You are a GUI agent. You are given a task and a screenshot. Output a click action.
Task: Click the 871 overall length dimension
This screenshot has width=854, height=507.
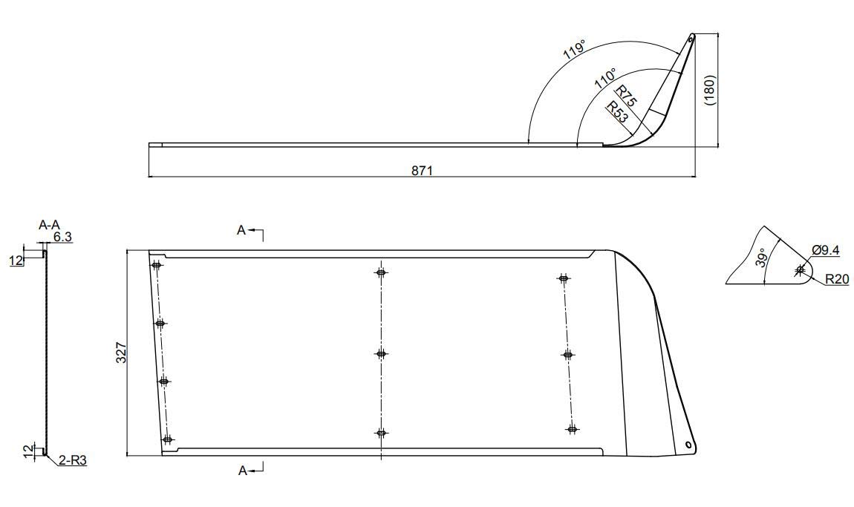[x=423, y=171]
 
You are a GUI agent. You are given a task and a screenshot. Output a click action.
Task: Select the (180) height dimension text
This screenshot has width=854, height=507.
[x=711, y=90]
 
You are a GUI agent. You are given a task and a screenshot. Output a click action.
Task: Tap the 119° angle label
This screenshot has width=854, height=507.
[x=574, y=50]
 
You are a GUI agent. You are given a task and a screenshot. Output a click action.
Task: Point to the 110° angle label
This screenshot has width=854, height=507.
[x=605, y=79]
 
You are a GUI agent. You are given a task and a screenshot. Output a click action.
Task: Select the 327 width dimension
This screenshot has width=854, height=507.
[x=121, y=352]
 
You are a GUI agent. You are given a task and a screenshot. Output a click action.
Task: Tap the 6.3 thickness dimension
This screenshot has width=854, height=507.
[x=62, y=238]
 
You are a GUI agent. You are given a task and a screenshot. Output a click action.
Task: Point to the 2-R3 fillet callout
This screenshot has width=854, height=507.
[x=74, y=461]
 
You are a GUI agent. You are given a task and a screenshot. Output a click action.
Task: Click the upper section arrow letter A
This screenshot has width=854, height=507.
[x=241, y=231]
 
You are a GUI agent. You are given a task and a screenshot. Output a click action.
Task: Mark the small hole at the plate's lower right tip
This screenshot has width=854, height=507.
[x=688, y=445]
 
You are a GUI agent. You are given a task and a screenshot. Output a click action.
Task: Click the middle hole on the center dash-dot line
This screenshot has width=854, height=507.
[x=381, y=353]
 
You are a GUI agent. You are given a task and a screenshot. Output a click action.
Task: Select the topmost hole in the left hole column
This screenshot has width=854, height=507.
[x=156, y=265]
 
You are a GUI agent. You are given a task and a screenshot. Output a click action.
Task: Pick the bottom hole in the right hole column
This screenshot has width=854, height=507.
[x=572, y=428]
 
